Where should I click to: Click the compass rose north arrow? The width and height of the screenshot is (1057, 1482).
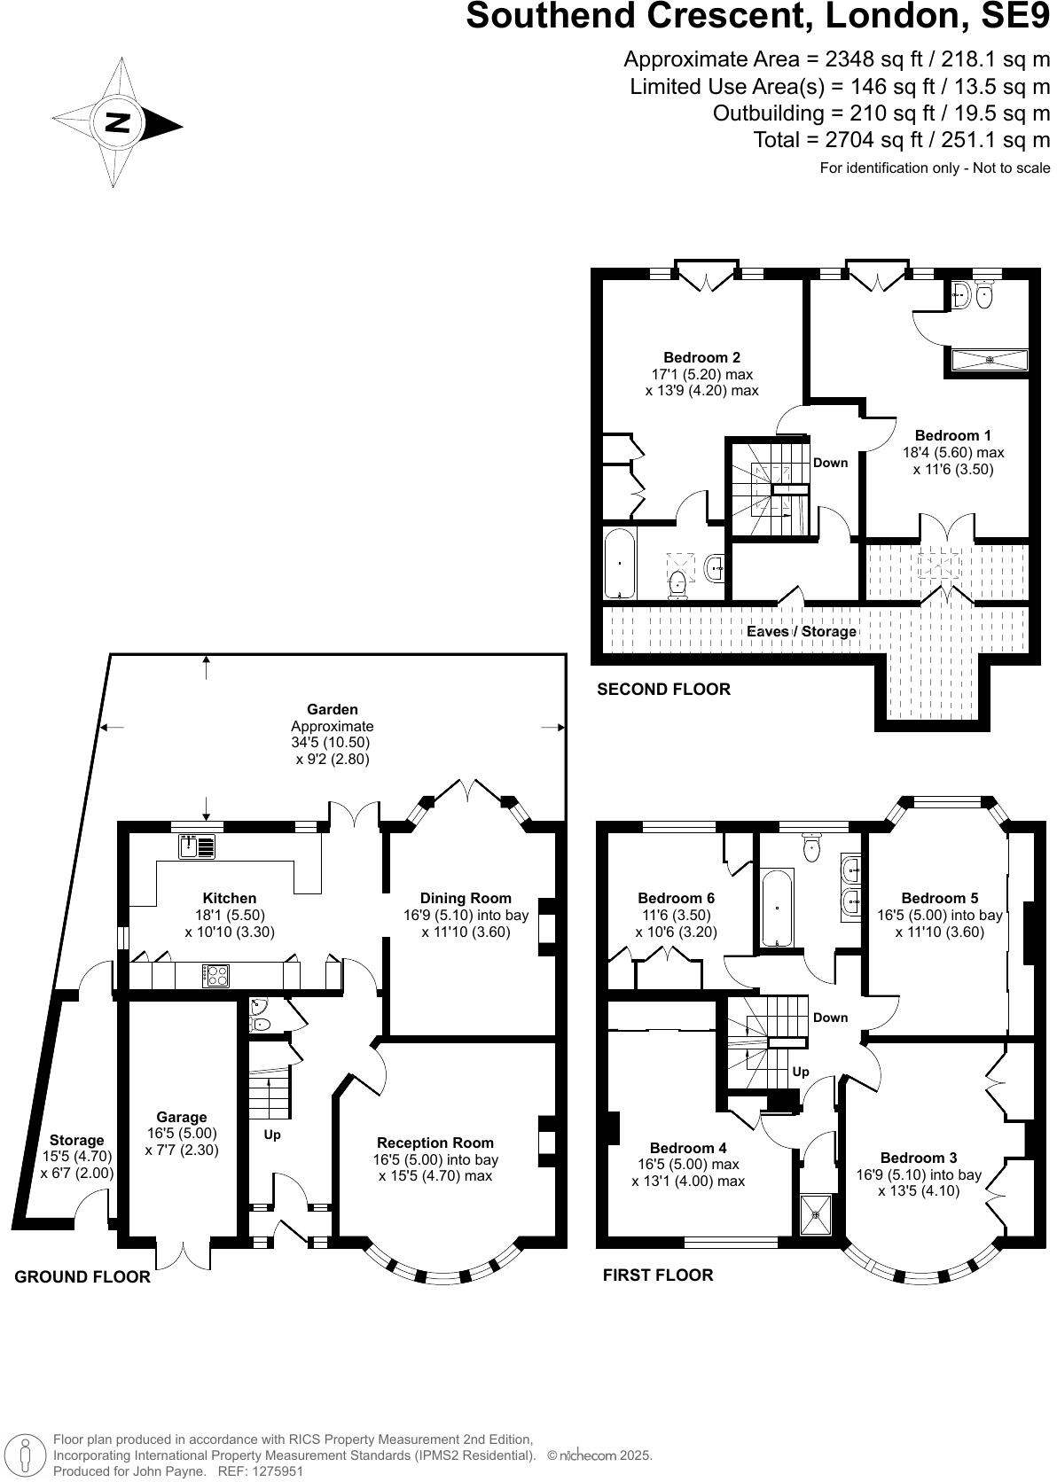117,123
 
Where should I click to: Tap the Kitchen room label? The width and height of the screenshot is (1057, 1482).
229,898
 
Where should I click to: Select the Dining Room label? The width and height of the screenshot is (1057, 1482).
466,898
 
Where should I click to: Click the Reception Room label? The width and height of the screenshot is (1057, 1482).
435,1143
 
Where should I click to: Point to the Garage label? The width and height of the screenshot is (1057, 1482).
182,1117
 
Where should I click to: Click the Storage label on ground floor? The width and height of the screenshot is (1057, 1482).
76,1140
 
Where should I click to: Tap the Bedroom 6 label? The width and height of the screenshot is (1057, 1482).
676,898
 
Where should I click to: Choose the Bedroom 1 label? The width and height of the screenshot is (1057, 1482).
952,435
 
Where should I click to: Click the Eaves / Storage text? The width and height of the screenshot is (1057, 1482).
802,631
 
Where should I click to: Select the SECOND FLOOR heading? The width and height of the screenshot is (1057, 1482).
663,689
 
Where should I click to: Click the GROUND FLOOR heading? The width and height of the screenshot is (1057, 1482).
82,1276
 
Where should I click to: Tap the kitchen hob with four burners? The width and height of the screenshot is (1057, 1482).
215,975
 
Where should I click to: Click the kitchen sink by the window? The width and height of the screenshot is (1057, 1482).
196,847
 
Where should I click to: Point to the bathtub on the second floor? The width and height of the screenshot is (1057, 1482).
617,563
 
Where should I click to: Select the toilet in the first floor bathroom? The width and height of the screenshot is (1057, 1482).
811,849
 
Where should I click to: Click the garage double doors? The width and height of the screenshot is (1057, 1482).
183,1252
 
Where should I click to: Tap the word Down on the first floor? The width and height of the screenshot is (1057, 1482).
830,1018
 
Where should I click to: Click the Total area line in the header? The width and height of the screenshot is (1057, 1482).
901,140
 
